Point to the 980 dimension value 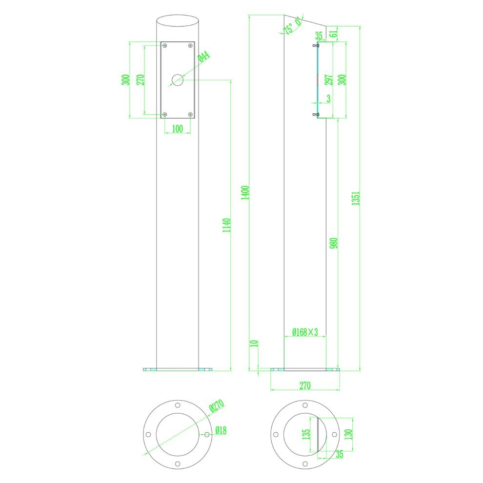click(333, 243)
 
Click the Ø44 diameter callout click(203, 57)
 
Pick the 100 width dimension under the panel click(178, 129)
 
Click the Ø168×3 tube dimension click(305, 332)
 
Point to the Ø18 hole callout click(221, 430)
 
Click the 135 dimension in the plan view click(306, 434)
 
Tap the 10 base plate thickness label click(253, 343)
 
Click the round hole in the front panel click(178, 80)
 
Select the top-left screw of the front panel click(165, 46)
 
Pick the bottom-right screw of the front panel click(190, 114)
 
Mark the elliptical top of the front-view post click(178, 22)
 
